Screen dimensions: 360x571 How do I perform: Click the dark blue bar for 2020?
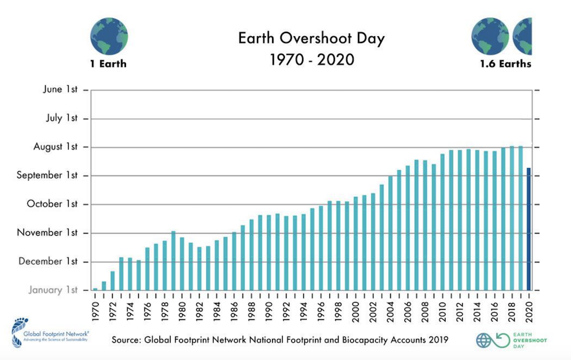[x=529, y=228]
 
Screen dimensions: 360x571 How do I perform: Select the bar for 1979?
[x=173, y=260]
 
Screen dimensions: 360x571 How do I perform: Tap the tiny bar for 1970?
[x=95, y=289]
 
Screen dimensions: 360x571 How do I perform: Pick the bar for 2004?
[x=390, y=233]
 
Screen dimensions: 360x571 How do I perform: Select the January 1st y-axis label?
[x=54, y=290]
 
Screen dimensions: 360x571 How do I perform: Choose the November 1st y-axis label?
[x=47, y=232]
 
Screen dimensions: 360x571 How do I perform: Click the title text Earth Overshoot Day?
[x=311, y=39]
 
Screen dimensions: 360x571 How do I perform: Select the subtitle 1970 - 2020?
[x=312, y=59]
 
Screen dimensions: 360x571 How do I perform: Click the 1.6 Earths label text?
[x=506, y=64]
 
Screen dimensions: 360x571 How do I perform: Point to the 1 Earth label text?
[x=108, y=64]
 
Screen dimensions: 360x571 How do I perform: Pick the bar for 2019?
[x=520, y=218]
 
